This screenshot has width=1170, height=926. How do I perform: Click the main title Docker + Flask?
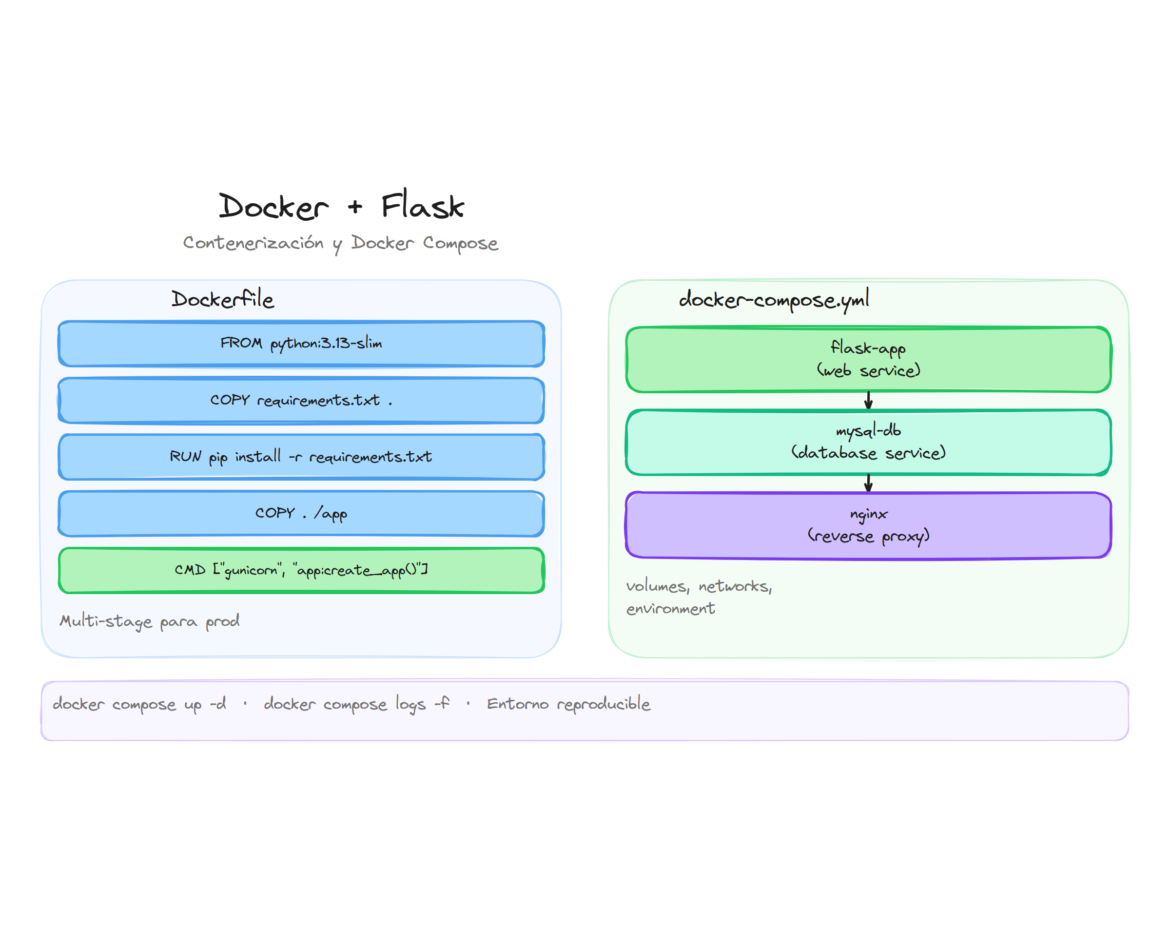(x=341, y=207)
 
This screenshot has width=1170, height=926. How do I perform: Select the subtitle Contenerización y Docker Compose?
(x=340, y=243)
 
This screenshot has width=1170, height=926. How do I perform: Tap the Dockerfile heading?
(x=223, y=299)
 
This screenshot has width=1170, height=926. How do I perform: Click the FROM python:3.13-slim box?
(x=301, y=344)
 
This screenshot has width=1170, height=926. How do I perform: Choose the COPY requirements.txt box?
(x=301, y=401)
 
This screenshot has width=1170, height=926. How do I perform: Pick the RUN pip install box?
(x=301, y=457)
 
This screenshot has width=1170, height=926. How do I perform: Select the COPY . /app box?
(x=301, y=513)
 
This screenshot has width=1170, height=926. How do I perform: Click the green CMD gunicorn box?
(x=301, y=570)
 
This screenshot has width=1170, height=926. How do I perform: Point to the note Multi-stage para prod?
(x=150, y=621)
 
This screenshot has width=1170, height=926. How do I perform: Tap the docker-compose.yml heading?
(x=774, y=300)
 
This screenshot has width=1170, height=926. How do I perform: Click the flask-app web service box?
(x=868, y=360)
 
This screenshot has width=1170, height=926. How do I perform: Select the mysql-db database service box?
(x=868, y=443)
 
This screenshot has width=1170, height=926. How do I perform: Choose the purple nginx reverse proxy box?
(x=868, y=525)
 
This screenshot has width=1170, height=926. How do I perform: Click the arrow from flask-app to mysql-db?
(x=868, y=401)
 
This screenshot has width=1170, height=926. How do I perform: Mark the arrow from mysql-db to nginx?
(x=868, y=483)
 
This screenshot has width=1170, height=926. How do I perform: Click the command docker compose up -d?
(x=139, y=704)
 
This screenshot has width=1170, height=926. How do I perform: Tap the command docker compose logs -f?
(x=356, y=704)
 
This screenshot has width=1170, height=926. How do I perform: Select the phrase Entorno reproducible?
(x=568, y=704)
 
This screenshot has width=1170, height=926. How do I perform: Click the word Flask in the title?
(x=422, y=207)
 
